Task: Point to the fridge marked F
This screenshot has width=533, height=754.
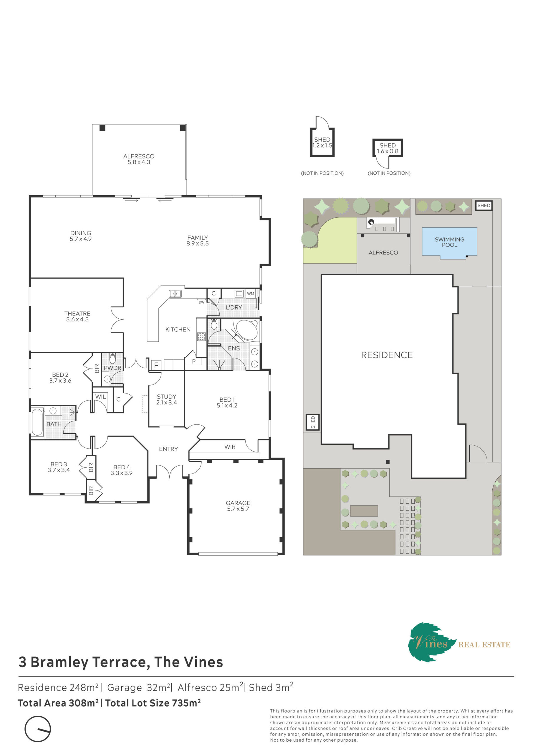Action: (156, 365)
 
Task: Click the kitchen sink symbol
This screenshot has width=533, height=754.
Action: (175, 294)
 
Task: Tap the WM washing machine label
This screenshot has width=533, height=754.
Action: (251, 294)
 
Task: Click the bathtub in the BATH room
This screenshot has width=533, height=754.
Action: (37, 422)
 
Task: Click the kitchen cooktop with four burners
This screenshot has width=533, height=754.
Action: (201, 336)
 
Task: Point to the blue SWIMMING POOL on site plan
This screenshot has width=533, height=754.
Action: (449, 243)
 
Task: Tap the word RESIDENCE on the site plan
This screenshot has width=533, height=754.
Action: (387, 355)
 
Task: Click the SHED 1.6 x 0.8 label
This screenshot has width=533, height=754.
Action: (388, 148)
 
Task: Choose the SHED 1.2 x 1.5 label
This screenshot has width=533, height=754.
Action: (322, 143)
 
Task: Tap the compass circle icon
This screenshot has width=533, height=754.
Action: (38, 729)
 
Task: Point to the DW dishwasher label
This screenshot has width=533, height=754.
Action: (201, 302)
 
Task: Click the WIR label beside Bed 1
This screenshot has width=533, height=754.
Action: (230, 447)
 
